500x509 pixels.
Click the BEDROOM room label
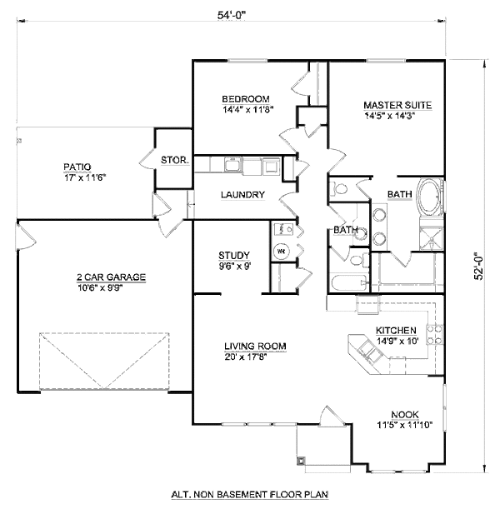[246, 97]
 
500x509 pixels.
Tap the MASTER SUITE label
[397, 105]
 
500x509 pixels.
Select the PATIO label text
[77, 166]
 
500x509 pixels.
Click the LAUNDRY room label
[242, 196]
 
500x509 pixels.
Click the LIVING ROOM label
[255, 347]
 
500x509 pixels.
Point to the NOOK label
[404, 414]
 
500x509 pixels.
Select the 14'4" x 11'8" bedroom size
[248, 108]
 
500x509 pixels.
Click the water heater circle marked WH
[282, 250]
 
